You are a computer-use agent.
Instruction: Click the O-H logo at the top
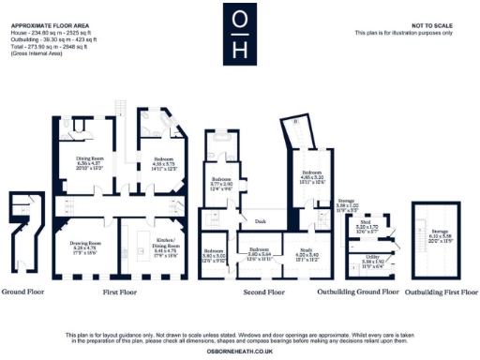coord(240,34)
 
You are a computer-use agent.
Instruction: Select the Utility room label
coord(371,255)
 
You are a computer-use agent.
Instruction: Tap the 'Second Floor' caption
coord(264,292)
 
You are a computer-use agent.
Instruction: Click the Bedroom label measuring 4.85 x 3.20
coord(313,173)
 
